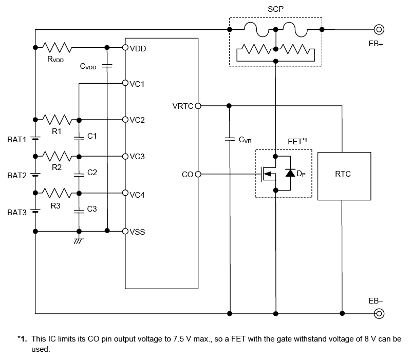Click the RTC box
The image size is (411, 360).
(x=343, y=175)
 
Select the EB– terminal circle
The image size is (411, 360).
(x=379, y=313)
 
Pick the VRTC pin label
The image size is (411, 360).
(x=183, y=106)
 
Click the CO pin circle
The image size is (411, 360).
(x=198, y=175)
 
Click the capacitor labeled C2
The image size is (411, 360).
(x=79, y=174)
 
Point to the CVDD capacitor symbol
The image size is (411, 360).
(x=107, y=66)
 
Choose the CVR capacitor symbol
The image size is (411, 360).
(x=230, y=139)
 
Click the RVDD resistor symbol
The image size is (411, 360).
(x=57, y=47)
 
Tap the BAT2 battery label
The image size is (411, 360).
(x=17, y=176)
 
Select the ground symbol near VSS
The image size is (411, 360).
(x=79, y=239)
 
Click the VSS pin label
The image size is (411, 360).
(x=137, y=232)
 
